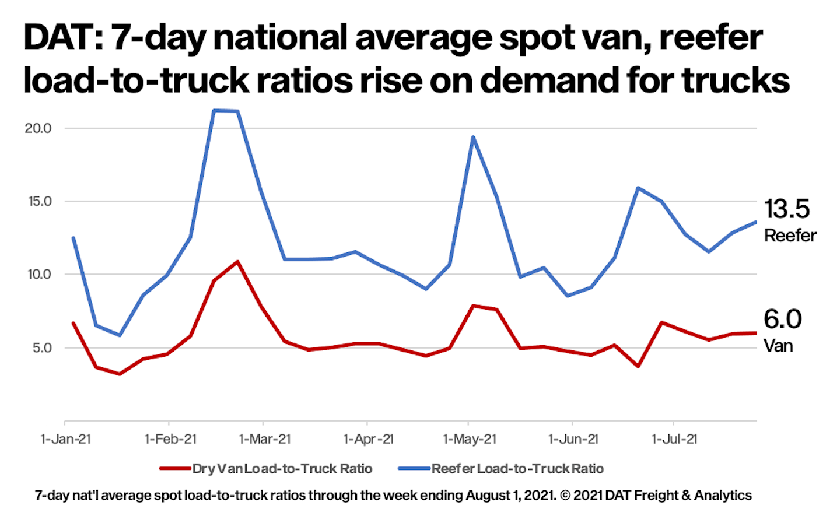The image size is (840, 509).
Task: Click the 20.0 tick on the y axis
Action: click(38, 128)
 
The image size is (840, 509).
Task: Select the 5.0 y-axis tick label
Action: click(41, 347)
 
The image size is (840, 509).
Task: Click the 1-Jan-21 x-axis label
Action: click(65, 440)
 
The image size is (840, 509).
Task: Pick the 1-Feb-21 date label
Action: click(170, 440)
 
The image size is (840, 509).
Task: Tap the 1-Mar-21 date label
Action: click(264, 440)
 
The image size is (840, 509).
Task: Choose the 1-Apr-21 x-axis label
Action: click(368, 440)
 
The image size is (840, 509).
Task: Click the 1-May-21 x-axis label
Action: click(470, 440)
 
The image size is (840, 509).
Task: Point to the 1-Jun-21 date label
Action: click(573, 440)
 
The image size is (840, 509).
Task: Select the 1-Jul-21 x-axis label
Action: click(674, 440)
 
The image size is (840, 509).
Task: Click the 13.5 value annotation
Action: click(787, 209)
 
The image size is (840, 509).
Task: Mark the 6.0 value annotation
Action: click(782, 319)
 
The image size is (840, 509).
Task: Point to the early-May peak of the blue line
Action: click(473, 137)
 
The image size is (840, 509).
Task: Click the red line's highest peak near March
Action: click(237, 262)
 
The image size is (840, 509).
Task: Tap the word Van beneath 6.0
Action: click(778, 346)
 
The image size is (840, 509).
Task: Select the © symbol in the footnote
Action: click(565, 496)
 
